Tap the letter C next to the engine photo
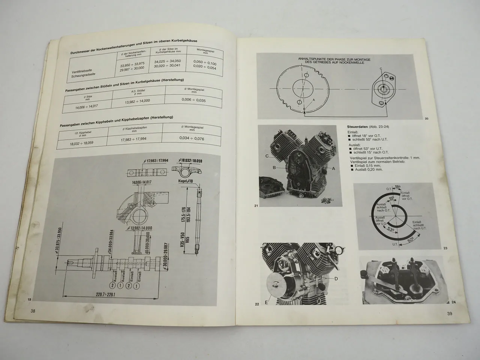tap(267, 156)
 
